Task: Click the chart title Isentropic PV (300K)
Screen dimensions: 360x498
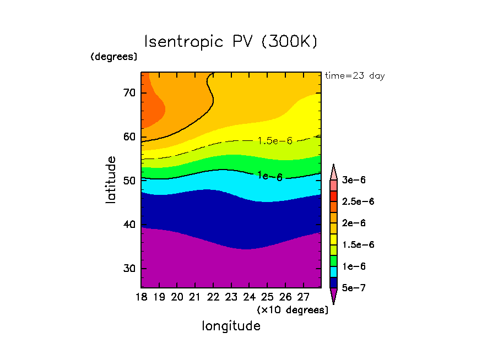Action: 231,42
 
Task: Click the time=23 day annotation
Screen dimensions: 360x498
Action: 355,76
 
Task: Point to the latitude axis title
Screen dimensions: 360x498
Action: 111,180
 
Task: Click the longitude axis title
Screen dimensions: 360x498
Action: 231,326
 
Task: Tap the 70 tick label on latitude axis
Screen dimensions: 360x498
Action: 129,92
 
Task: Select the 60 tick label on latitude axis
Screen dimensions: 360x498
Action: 129,137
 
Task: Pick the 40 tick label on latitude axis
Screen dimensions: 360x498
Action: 129,225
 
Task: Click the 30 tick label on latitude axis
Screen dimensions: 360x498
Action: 129,269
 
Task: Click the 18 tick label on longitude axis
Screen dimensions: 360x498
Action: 142,298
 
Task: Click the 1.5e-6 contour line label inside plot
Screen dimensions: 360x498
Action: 275,141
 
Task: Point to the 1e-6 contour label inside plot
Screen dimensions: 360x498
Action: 270,176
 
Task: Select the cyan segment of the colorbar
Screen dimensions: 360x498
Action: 333,271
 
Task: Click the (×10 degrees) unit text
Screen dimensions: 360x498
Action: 293,310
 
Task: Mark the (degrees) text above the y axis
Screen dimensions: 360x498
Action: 114,57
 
